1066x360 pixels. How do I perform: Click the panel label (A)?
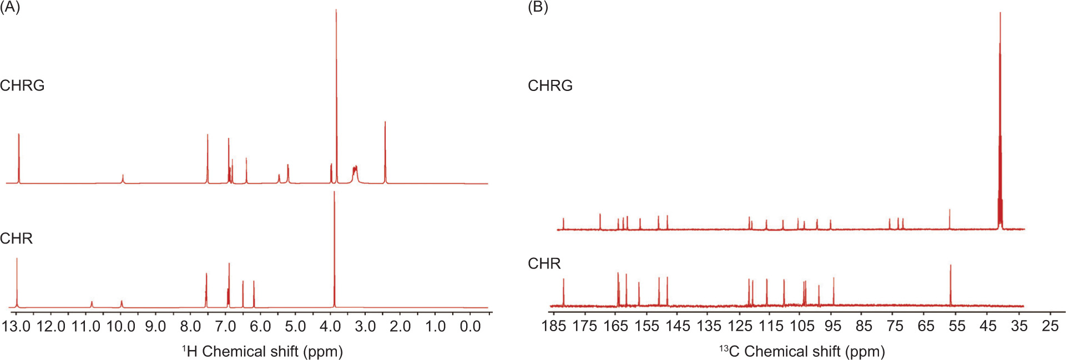coord(10,8)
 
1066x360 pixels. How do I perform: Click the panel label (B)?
coord(538,8)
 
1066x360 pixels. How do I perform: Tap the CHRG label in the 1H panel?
coord(22,85)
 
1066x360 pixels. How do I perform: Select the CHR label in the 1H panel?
coord(17,239)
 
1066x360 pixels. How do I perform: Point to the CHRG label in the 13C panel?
coord(550,85)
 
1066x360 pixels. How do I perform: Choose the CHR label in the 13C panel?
coord(544,263)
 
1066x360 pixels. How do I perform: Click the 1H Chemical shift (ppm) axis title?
coord(262,351)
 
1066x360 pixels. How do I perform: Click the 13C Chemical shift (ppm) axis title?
coord(802,351)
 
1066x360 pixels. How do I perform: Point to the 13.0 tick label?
coord(16,326)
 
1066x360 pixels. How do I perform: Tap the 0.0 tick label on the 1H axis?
coord(471,326)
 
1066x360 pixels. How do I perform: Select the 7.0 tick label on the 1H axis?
coord(226,326)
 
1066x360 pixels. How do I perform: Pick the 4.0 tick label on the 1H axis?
coord(331,326)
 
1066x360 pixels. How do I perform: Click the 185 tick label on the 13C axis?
coord(554,326)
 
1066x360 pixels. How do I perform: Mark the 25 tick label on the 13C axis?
coord(1050,326)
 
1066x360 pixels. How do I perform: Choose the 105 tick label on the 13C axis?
coord(802,326)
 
